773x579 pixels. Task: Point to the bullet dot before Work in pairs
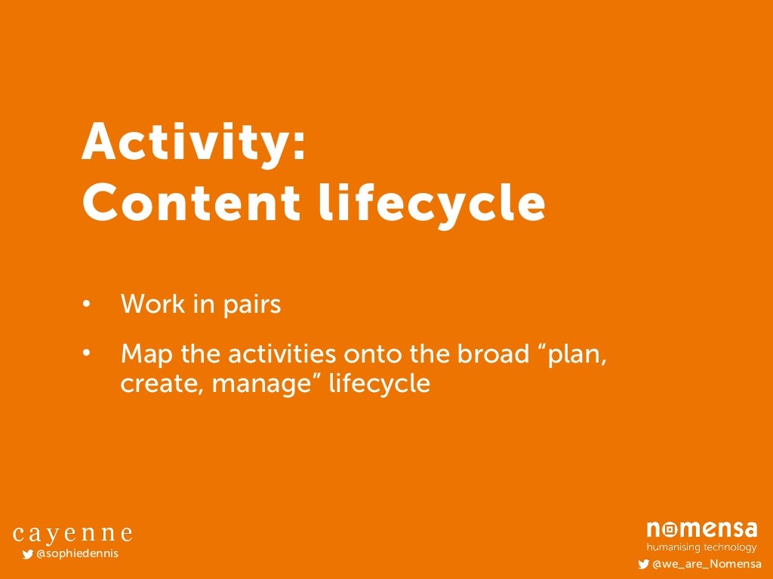[87, 305]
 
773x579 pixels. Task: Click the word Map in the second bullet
[146, 354]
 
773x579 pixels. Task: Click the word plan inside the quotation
[577, 354]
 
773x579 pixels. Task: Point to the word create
[162, 384]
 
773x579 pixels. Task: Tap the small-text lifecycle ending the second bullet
[379, 384]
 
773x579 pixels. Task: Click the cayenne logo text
[72, 535]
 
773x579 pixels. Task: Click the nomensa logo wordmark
[701, 530]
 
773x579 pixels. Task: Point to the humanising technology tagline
[701, 547]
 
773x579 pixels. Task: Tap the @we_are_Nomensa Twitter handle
[706, 564]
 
